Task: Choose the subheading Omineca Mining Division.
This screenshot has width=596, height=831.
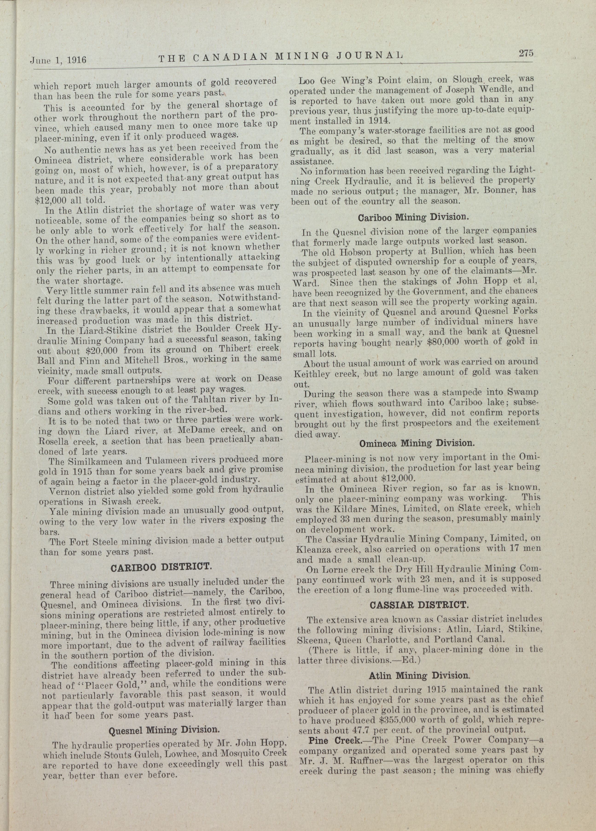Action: click(x=417, y=443)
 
